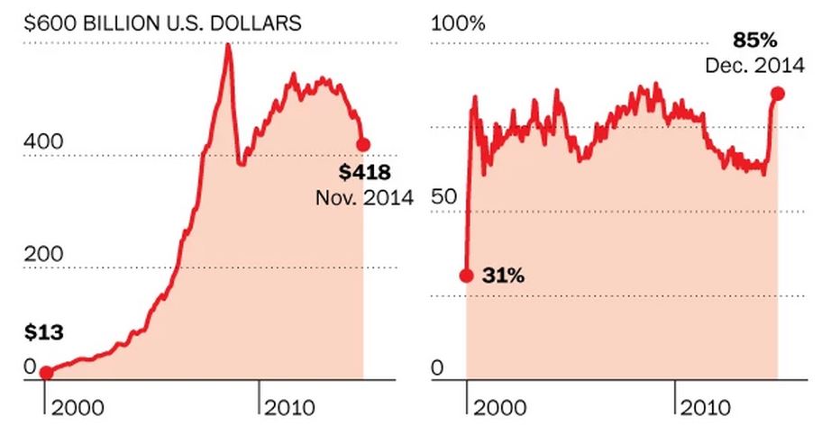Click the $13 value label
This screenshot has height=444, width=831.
click(x=43, y=332)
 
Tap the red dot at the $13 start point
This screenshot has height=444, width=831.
click(x=46, y=373)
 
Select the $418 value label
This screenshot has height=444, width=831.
click(x=365, y=172)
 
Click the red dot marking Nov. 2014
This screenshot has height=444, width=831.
click(x=363, y=144)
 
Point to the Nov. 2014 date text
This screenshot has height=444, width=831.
click(x=364, y=196)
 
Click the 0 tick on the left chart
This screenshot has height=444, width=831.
click(x=30, y=366)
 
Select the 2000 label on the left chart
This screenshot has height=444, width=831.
click(x=77, y=408)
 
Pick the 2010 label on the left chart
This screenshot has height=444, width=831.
click(x=289, y=408)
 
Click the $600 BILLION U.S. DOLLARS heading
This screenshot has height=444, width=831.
click(x=161, y=23)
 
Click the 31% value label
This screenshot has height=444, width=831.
click(x=504, y=276)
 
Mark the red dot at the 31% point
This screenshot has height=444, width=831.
click(x=466, y=276)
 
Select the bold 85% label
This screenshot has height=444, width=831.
click(x=755, y=40)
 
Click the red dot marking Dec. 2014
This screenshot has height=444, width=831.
click(x=777, y=94)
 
